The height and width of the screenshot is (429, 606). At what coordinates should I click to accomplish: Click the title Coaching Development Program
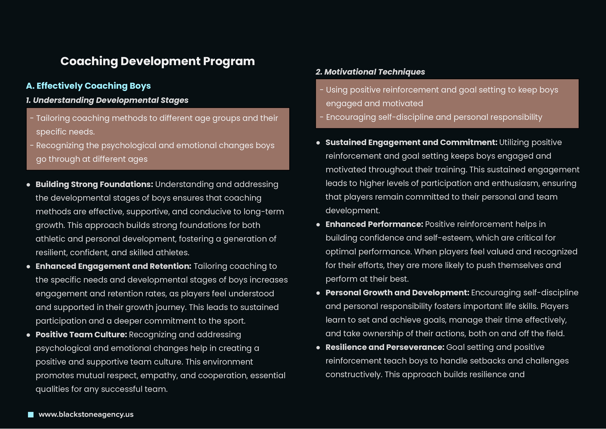coord(158,61)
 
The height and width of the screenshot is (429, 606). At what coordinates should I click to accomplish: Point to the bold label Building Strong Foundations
coord(94,184)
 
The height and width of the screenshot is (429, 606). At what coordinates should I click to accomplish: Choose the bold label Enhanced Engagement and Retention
coord(113,266)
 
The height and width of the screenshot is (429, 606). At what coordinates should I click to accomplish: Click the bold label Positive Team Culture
coord(81,335)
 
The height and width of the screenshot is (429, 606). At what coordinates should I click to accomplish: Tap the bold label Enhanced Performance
coord(374,225)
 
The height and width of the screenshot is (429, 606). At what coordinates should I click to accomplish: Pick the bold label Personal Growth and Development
coord(397,293)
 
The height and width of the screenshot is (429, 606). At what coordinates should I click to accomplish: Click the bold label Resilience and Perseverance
coord(385,347)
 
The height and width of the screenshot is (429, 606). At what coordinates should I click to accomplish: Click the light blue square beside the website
coord(31,415)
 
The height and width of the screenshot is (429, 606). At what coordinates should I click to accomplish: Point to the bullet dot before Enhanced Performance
coord(318,225)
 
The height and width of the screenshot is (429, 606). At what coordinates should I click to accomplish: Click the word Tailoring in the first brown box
coord(53,118)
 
